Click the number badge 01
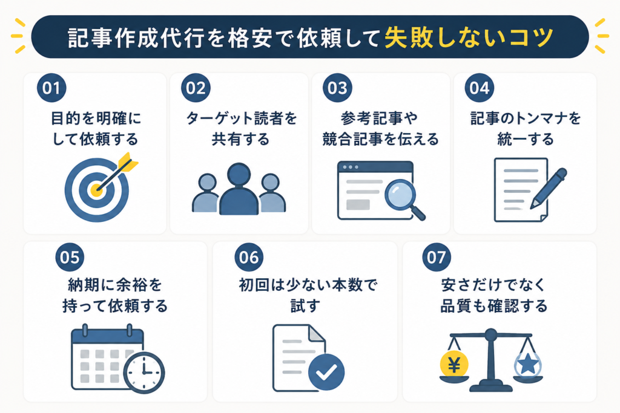pos(51,88)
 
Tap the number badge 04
pos(480,88)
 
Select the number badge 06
pos(249,257)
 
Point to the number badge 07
pos(437,257)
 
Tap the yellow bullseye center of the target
pos(97,190)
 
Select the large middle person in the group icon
pos(239,189)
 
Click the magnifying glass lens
pos(400,194)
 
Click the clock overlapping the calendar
pos(144,372)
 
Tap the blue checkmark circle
pos(326,372)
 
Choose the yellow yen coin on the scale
pos(454,365)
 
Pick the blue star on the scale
pos(528,364)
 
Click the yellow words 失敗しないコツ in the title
pos(469,38)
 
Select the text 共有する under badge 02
pos(240,139)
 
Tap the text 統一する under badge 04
pos(526,139)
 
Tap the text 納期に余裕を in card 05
pos(115,285)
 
